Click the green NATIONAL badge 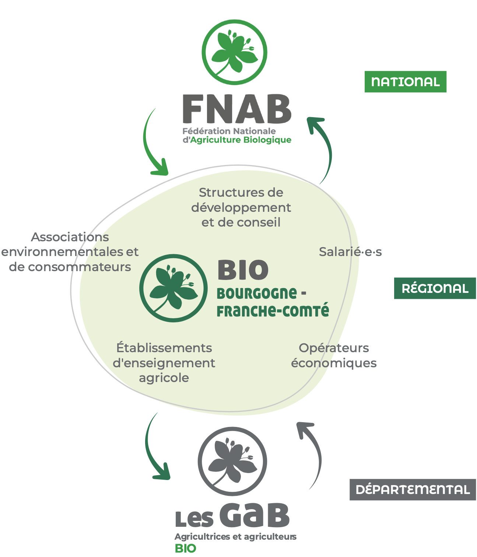[405, 81]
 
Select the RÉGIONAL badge [435, 288]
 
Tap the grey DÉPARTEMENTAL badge [413, 489]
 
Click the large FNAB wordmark [237, 109]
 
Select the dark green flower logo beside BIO [173, 288]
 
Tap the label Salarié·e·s [350, 252]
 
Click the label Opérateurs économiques [334, 355]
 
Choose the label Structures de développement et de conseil [241, 207]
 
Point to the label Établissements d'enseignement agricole [164, 363]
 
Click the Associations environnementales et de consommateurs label [70, 252]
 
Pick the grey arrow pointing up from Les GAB [313, 453]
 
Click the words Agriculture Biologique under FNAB [241, 140]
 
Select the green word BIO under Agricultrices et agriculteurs [185, 548]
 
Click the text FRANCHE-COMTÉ [273, 311]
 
